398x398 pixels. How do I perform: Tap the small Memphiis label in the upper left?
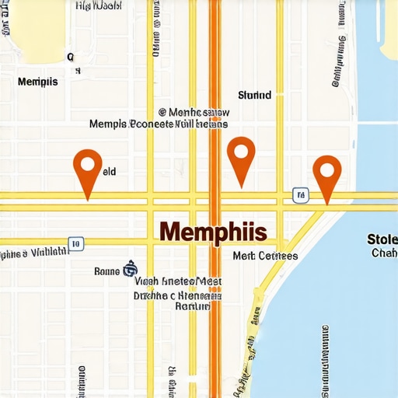pos(37,82)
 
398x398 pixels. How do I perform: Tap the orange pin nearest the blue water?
pos(326,176)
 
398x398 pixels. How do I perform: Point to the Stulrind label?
pos(254,96)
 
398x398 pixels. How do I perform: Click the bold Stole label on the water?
pos(382,239)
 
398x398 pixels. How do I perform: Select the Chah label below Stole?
pos(384,253)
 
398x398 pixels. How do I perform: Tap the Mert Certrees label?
pos(265,256)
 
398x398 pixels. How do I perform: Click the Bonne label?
pos(106,271)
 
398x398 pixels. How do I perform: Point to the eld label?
pos(109,172)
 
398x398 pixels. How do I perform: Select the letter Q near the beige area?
pos(70,57)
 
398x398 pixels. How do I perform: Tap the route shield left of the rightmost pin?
pos(298,194)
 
